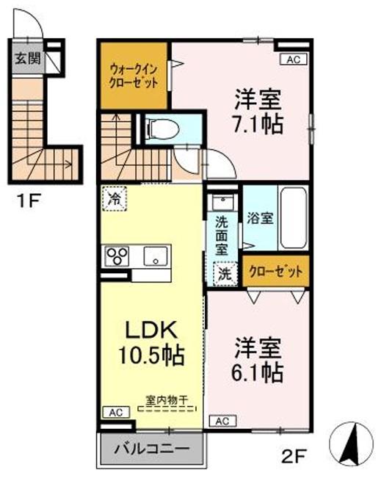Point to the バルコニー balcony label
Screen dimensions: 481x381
coord(151,448)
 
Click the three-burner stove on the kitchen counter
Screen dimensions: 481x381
coord(117,256)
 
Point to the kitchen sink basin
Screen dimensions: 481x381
coord(155,256)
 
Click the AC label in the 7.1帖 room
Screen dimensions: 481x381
coord(292,60)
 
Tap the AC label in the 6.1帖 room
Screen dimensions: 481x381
coord(223,421)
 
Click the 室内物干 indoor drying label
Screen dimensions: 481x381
coord(167,400)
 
